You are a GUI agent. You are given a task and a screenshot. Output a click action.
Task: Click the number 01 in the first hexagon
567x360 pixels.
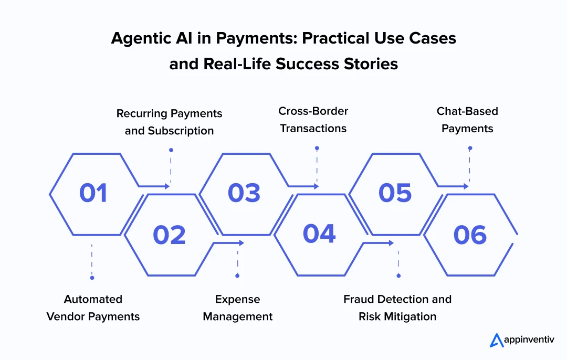pyautogui.click(x=93, y=193)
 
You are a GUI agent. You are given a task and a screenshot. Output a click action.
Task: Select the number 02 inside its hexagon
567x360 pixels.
pyautogui.click(x=169, y=235)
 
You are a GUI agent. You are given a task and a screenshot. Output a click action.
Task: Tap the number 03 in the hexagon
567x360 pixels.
pyautogui.click(x=244, y=193)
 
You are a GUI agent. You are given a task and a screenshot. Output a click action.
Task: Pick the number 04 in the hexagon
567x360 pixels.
pyautogui.click(x=319, y=234)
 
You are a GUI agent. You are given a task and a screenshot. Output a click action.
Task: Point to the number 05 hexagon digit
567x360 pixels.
pyautogui.click(x=395, y=193)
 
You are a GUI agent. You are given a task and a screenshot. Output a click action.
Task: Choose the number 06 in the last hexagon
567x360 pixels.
pyautogui.click(x=470, y=235)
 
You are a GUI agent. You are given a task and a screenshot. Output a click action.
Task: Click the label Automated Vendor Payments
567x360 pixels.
pyautogui.click(x=93, y=308)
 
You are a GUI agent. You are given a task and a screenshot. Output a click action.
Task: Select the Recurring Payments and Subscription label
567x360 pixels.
pyautogui.click(x=169, y=122)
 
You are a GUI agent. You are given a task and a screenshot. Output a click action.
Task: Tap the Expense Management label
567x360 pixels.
pyautogui.click(x=237, y=308)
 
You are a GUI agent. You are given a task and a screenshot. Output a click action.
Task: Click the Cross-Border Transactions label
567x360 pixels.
pyautogui.click(x=313, y=120)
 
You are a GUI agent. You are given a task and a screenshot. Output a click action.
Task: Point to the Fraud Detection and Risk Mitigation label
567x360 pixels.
pyautogui.click(x=397, y=308)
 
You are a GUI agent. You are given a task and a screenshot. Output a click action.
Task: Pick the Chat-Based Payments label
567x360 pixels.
pyautogui.click(x=467, y=120)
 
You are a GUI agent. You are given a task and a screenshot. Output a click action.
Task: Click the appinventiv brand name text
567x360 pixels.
pyautogui.click(x=529, y=341)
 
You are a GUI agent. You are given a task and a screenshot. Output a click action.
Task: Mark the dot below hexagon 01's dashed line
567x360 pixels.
pyautogui.click(x=92, y=278)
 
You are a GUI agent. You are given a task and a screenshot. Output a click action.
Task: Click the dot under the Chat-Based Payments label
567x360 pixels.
pyautogui.click(x=470, y=149)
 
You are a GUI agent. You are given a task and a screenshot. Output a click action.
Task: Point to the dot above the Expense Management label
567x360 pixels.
pyautogui.click(x=237, y=276)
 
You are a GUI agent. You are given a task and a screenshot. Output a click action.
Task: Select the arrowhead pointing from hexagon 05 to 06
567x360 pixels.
pyautogui.click(x=466, y=186)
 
